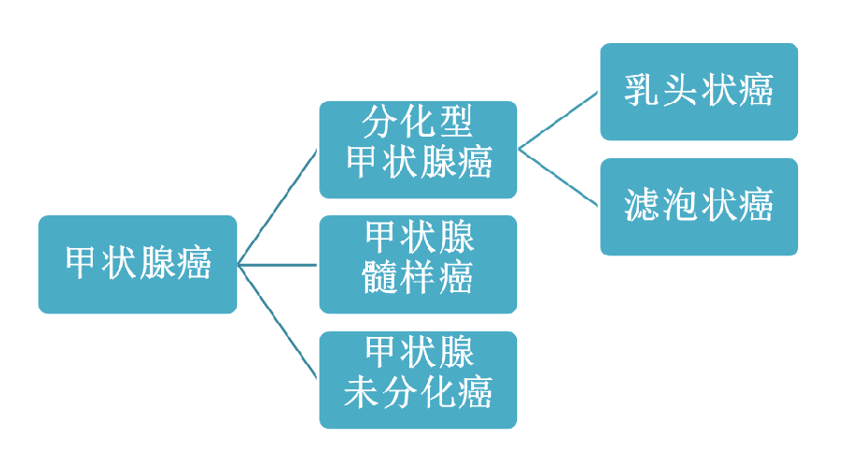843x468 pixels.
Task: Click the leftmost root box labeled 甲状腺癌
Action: [138, 264]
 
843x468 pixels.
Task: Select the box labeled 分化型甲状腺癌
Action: [419, 150]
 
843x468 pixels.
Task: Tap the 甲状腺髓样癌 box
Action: [419, 264]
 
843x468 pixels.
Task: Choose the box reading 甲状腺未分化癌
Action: [419, 380]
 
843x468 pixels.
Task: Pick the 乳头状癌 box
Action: [699, 92]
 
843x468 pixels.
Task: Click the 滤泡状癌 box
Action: [699, 207]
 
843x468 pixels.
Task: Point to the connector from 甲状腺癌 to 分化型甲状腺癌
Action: [277, 208]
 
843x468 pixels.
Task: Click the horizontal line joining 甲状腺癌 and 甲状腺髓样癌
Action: [277, 265]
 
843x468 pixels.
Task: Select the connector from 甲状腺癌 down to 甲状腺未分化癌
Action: [277, 322]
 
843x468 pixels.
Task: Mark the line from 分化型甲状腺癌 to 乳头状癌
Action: [558, 121]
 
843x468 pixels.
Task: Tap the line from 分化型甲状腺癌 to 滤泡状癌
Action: [558, 177]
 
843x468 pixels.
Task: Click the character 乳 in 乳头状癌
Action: [642, 90]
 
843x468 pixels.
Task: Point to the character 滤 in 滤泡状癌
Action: [642, 205]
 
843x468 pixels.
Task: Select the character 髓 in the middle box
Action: [380, 277]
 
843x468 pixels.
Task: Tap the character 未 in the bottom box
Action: [362, 392]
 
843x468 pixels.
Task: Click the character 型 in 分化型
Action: [455, 122]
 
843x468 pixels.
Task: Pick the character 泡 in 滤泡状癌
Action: [680, 205]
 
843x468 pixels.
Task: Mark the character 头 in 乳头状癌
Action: [680, 90]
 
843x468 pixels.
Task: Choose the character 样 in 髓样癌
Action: [418, 277]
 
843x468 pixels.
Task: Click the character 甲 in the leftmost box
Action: [81, 263]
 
